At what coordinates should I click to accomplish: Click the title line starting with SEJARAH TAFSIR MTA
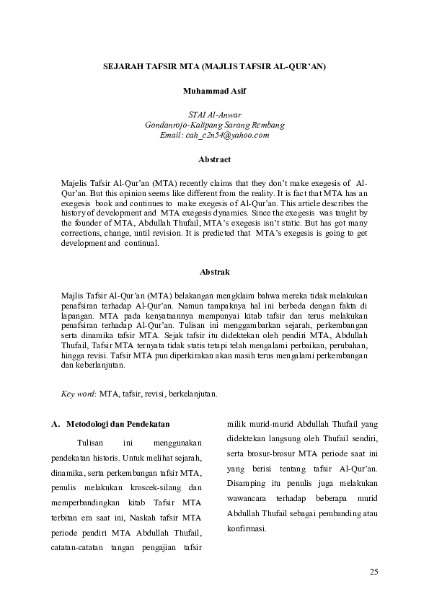tap(214, 66)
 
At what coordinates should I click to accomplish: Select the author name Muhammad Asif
tap(214, 92)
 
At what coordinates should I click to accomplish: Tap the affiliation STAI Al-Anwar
tap(214, 115)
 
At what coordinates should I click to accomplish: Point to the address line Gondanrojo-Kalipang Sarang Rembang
tap(214, 124)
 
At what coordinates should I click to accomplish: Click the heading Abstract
tap(214, 159)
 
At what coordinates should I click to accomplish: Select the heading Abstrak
tap(214, 272)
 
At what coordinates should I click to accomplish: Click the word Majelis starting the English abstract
tap(79, 183)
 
